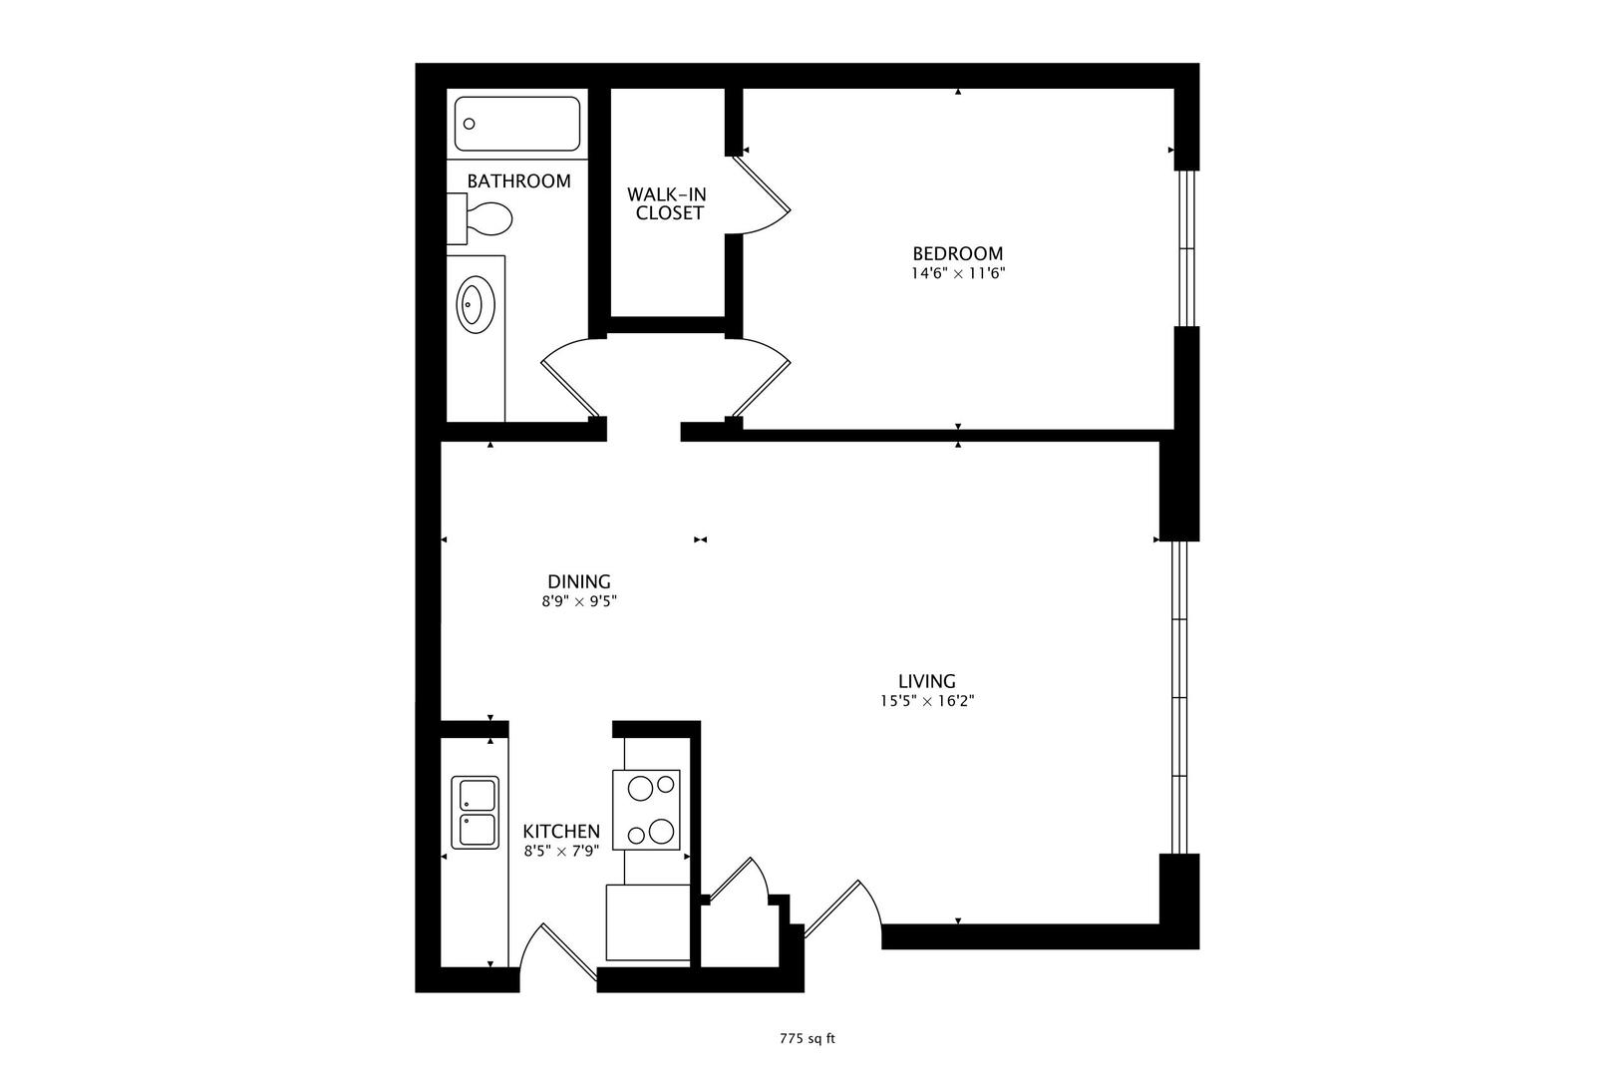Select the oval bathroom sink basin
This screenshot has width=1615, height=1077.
click(476, 304)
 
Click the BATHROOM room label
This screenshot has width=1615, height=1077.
click(518, 181)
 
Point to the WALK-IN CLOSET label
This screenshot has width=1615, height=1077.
click(667, 203)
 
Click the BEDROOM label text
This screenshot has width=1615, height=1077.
click(957, 253)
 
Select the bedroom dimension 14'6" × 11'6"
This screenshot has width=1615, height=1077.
click(957, 273)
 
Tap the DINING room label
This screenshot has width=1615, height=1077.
click(578, 581)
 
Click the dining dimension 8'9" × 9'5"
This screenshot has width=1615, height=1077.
click(578, 601)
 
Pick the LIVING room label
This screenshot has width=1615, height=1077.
click(926, 681)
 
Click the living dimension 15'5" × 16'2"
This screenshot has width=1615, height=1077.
click(926, 701)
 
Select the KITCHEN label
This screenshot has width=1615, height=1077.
click(561, 831)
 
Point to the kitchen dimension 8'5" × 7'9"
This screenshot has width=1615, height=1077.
click(561, 851)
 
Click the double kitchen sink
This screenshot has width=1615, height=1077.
click(475, 813)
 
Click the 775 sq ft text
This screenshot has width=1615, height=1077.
click(807, 1038)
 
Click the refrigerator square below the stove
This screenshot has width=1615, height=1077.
click(648, 922)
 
